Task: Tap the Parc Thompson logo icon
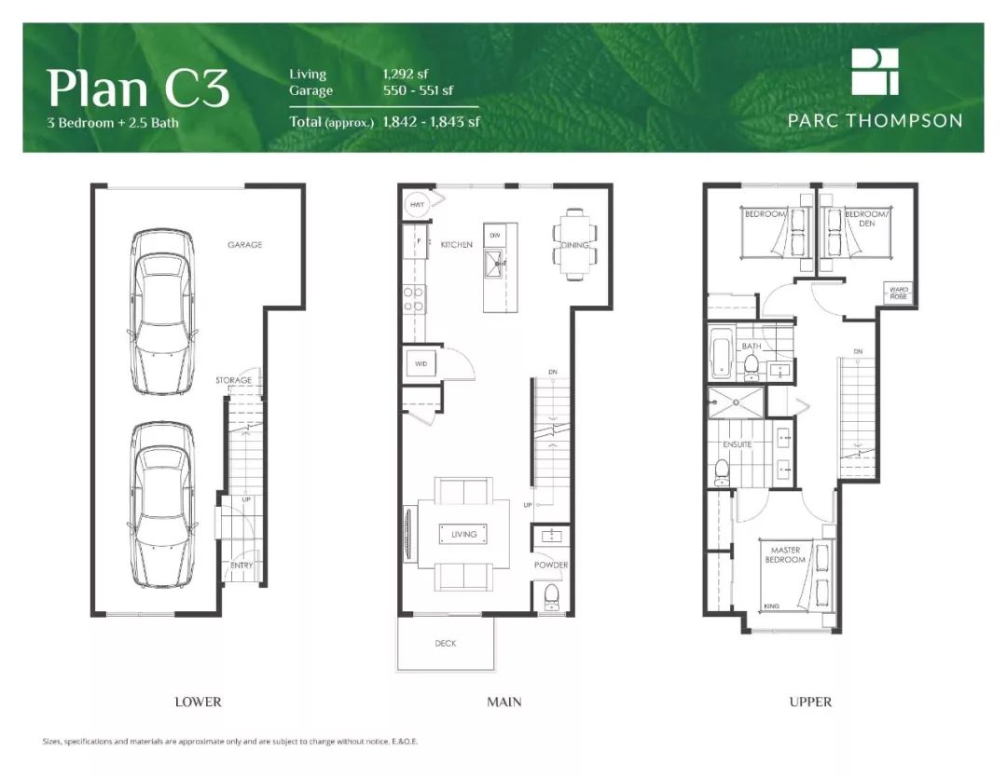(x=875, y=71)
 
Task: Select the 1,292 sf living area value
(x=406, y=74)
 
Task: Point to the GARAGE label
(x=244, y=244)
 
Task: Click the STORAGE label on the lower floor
(x=234, y=380)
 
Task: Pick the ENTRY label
(x=241, y=566)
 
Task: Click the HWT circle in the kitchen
(x=417, y=205)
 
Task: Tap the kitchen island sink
(x=493, y=264)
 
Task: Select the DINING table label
(x=574, y=245)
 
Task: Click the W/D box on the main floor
(x=421, y=363)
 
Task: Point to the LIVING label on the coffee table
(x=463, y=534)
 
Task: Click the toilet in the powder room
(x=552, y=597)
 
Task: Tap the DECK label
(x=445, y=643)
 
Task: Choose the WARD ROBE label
(x=899, y=293)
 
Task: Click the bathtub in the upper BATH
(x=721, y=353)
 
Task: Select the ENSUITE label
(x=737, y=444)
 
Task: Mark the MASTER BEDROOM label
(x=785, y=554)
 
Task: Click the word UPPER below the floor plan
(x=810, y=702)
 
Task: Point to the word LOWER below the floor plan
(x=198, y=702)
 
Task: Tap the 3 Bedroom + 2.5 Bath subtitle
(x=113, y=123)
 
